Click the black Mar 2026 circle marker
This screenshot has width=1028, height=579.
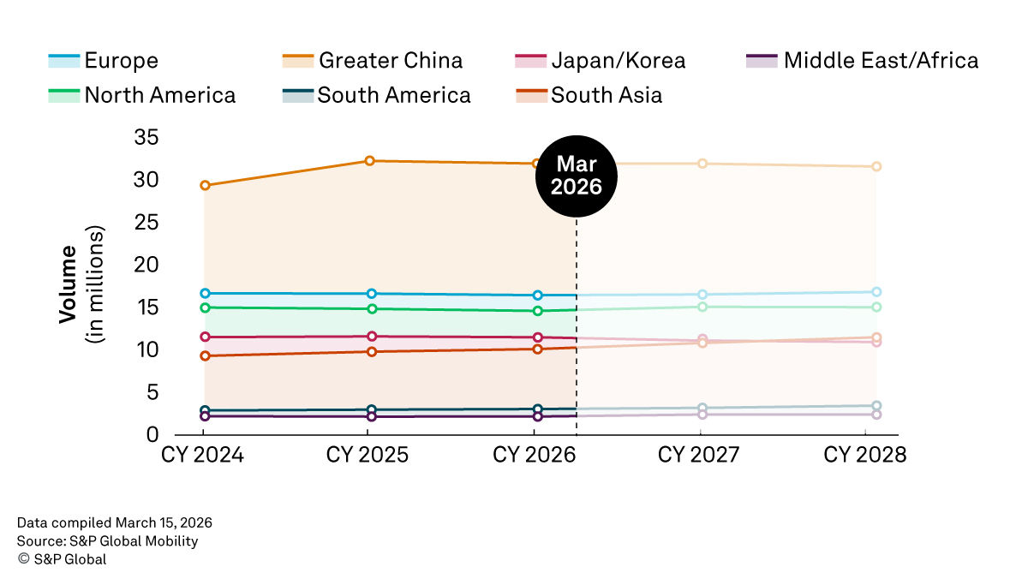pos(576,175)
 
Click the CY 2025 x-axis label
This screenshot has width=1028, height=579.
pos(368,455)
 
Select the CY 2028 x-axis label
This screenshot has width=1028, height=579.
pos(865,455)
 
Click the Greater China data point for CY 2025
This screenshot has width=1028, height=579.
pos(370,161)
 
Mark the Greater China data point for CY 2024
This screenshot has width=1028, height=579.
pos(205,185)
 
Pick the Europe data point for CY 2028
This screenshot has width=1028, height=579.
pos(876,292)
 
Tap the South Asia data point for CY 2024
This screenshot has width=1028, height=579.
pos(205,355)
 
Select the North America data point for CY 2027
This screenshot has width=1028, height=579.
pos(702,307)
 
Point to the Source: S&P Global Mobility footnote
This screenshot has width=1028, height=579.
pos(107,540)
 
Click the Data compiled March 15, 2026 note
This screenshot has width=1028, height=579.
pos(114,522)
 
